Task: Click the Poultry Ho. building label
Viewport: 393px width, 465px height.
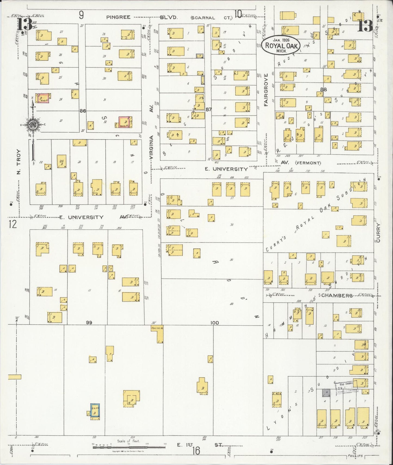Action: coord(157,328)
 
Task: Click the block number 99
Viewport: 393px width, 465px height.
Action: coord(89,323)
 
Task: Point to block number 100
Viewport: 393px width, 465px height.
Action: coord(214,323)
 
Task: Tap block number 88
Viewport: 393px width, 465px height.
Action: coord(323,89)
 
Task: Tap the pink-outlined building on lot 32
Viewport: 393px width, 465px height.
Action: coord(125,122)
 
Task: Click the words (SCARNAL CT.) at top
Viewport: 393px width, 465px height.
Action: coord(212,18)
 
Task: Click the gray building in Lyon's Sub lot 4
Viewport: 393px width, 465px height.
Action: coord(326,392)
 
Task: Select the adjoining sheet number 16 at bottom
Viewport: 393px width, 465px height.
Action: coord(196,451)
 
